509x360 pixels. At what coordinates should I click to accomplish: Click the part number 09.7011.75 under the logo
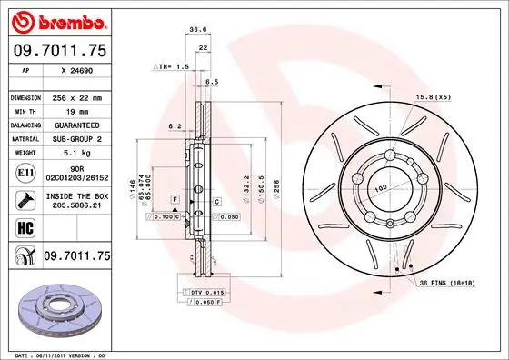coord(57,50)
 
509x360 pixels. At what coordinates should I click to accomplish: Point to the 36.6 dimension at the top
coord(196,30)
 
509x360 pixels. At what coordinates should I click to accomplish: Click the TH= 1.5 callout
coord(171,66)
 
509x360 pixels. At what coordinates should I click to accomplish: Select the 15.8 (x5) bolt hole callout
coord(434,96)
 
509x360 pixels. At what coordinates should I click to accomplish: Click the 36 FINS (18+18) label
coord(452,284)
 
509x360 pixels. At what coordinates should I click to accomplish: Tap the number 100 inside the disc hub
coord(381,186)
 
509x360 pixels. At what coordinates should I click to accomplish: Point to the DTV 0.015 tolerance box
coord(203,290)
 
